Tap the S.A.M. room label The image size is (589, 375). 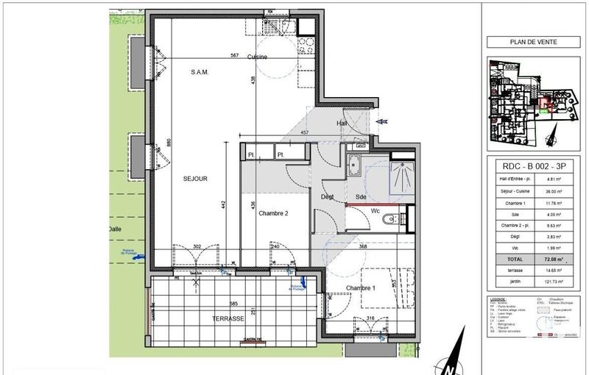tap(200, 72)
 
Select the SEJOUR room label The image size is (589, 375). tap(196, 179)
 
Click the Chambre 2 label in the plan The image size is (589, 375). tap(273, 213)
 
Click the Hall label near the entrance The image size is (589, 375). tap(343, 123)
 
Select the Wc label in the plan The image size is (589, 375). tap(374, 211)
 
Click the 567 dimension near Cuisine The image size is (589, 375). tap(233, 56)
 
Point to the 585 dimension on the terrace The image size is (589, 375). tap(233, 303)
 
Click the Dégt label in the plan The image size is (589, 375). tap(327, 196)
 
